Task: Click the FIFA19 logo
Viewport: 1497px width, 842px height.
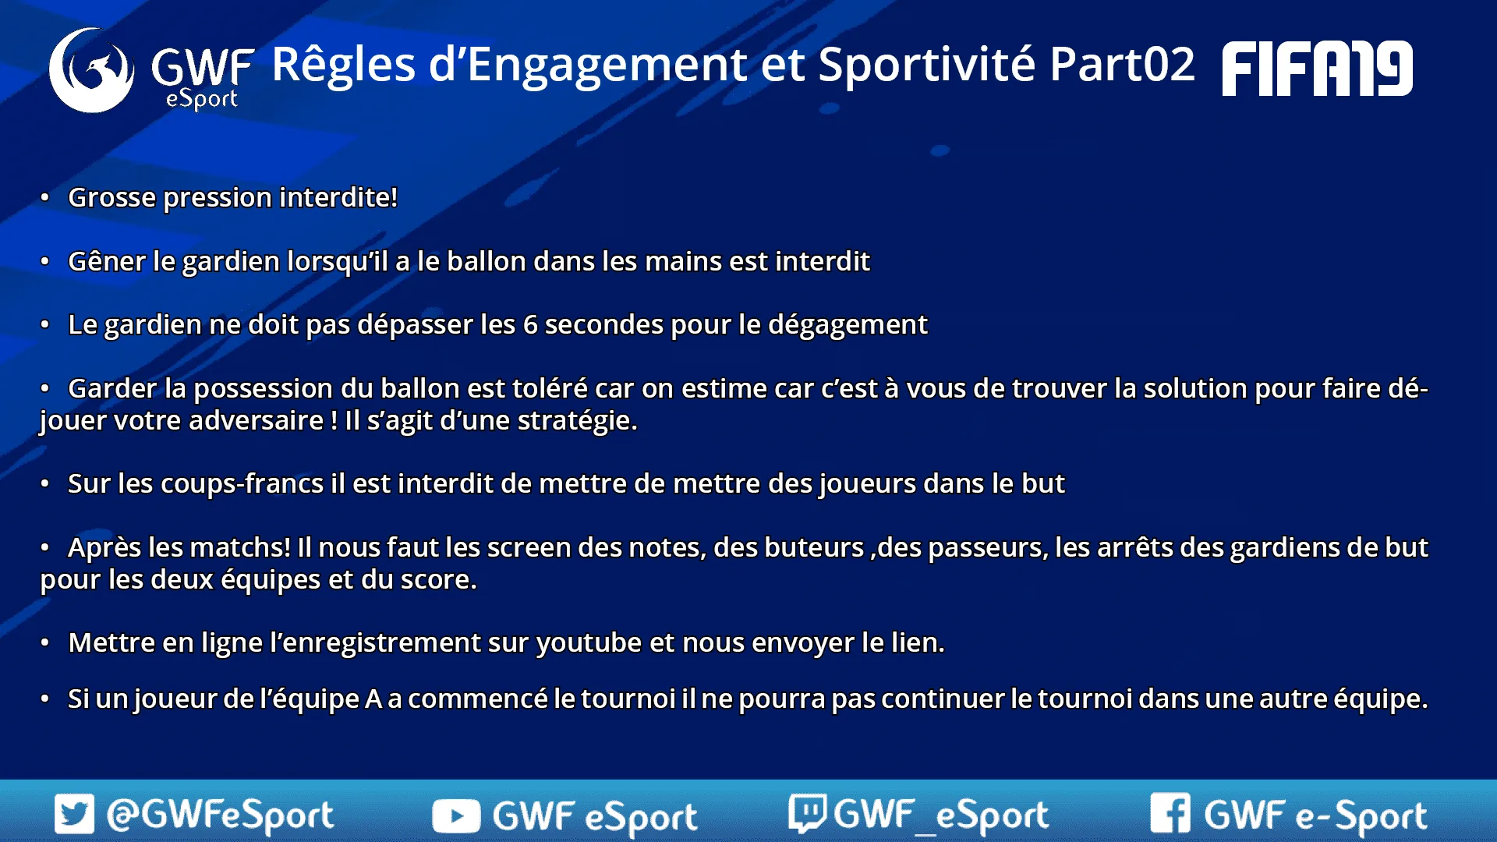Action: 1317,69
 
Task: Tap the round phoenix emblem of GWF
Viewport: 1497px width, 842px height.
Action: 91,70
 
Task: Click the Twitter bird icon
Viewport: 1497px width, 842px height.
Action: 74,814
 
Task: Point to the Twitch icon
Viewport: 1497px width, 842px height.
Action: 807,813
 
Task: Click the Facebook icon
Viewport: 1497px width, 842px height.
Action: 1170,813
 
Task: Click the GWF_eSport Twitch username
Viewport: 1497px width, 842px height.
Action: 941,815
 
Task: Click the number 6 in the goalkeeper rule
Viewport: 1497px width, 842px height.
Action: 530,324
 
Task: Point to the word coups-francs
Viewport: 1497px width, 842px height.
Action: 242,483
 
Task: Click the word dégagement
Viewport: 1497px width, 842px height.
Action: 848,325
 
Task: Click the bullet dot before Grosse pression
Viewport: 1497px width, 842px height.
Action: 45,197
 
